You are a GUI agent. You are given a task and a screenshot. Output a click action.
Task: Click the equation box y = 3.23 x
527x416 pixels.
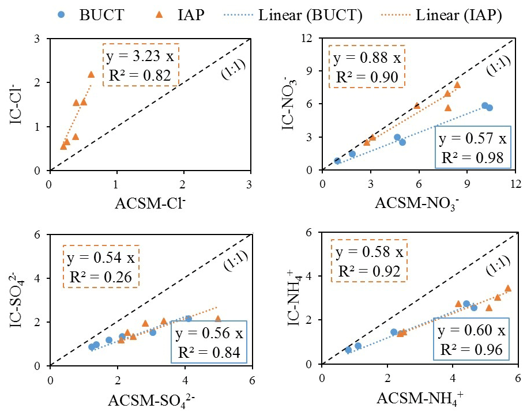(142, 65)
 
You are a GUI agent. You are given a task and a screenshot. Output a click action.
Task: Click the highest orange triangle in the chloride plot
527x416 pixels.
(91, 74)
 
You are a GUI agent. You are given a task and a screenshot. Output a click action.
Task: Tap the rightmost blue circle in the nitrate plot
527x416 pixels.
(490, 108)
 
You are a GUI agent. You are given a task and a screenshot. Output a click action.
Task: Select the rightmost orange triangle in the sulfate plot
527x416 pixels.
(217, 318)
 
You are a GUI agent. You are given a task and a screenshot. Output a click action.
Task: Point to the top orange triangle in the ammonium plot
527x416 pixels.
(508, 288)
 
